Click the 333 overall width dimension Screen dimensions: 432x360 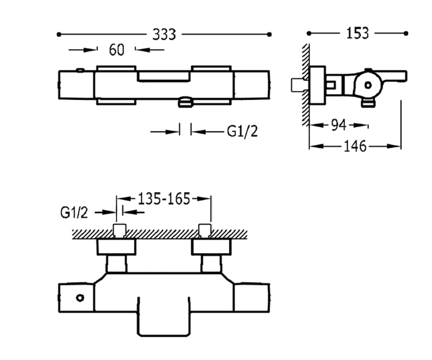pos(164,35)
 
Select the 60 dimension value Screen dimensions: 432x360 pos(117,50)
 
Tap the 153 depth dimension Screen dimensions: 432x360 pos(357,33)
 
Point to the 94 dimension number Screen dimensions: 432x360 pos(339,125)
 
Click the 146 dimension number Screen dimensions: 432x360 pos(355,146)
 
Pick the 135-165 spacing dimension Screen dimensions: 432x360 pos(164,199)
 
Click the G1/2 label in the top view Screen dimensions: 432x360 pos(242,132)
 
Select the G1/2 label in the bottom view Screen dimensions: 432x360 pos(74,213)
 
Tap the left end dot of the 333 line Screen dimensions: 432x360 pos(59,34)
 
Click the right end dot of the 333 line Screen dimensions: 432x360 pos(269,34)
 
